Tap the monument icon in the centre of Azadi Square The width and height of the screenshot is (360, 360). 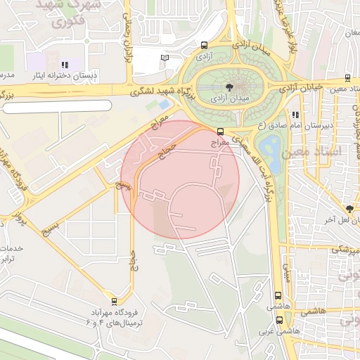tap(229, 87)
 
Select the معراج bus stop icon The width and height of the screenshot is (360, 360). tap(221, 131)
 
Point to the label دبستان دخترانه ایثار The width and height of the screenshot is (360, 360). tap(65, 75)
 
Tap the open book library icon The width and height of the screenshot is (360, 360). tap(165, 58)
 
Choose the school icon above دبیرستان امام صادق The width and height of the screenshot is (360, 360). tap(296, 115)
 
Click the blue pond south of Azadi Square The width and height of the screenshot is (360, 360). tap(270, 153)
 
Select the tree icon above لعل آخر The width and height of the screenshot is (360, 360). tap(349, 209)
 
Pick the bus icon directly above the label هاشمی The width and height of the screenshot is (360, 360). tap(278, 296)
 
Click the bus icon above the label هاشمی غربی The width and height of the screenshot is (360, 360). tap(278, 320)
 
